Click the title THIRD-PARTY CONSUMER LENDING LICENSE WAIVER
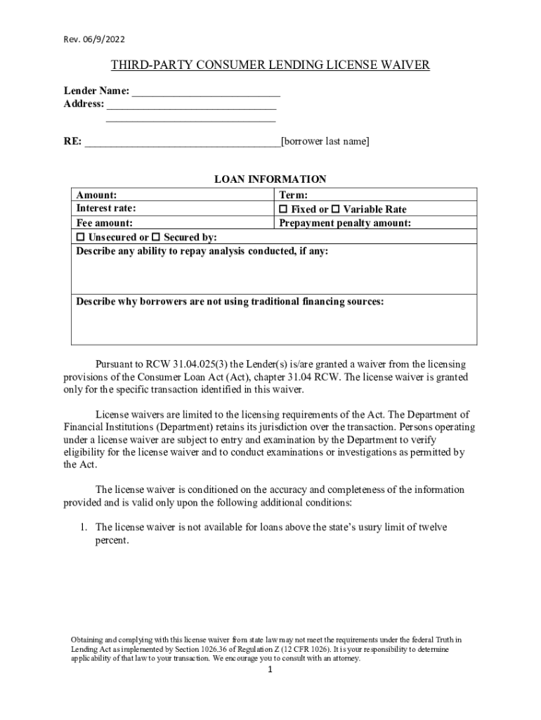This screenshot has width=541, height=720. click(270, 66)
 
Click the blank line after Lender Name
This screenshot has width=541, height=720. click(206, 92)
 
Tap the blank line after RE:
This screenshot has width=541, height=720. click(182, 142)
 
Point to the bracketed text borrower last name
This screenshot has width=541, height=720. click(325, 142)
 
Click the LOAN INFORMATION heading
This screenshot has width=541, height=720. click(270, 180)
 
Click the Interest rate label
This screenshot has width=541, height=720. click(106, 209)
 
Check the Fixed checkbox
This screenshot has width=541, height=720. click(284, 210)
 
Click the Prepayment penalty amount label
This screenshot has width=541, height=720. click(345, 223)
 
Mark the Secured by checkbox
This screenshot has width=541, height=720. click(157, 237)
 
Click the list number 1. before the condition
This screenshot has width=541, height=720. click(82, 527)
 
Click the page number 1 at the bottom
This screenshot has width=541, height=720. click(270, 670)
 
